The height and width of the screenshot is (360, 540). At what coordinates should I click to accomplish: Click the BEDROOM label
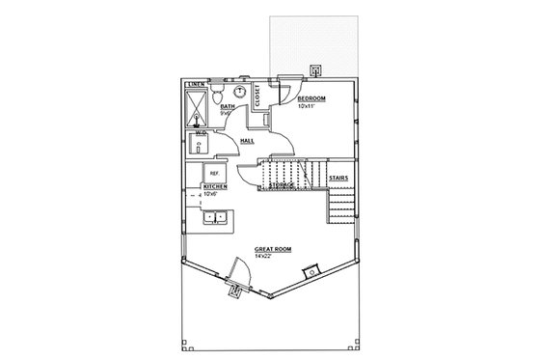point(310,99)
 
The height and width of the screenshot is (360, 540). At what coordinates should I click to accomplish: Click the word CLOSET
point(257,95)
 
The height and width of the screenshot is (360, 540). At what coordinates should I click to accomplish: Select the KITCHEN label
point(214,186)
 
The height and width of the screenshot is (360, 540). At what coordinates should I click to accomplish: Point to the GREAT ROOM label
point(273,248)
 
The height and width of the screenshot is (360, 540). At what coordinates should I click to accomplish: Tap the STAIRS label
point(338,179)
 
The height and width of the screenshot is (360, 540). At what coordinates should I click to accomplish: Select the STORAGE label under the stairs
point(282,184)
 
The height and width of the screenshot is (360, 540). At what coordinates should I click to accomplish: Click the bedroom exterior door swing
point(288,87)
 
